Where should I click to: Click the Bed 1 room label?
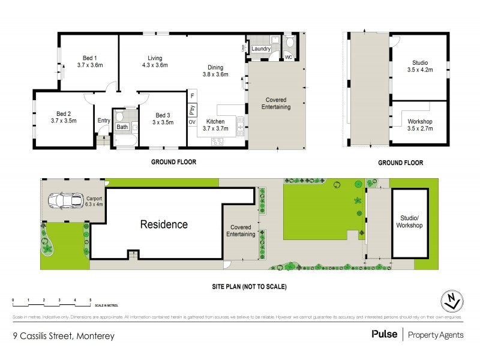[91, 58]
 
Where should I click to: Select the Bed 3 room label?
[162, 115]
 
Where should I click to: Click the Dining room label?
[215, 67]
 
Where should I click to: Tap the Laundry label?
[261, 49]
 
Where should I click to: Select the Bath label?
[122, 127]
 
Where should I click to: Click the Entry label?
[104, 121]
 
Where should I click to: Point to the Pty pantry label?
[192, 109]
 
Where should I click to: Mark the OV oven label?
[192, 122]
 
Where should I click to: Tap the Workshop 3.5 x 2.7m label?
[419, 125]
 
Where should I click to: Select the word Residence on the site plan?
[164, 225]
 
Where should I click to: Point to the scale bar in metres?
[51, 301]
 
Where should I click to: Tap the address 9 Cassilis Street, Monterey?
[63, 336]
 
